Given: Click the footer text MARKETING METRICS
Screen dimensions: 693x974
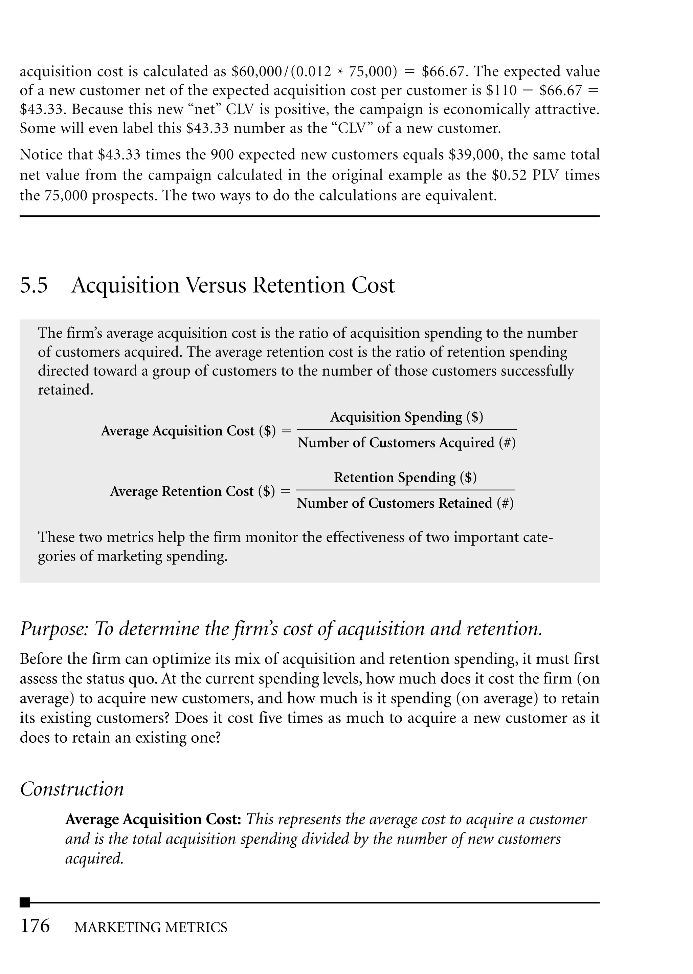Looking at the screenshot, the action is pyautogui.click(x=151, y=928).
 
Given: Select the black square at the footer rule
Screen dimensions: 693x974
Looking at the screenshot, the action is pyautogui.click(x=25, y=903).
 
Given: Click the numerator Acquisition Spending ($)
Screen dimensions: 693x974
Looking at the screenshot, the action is pyautogui.click(x=406, y=417).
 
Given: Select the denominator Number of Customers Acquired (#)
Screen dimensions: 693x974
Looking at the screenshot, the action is pyautogui.click(x=406, y=443).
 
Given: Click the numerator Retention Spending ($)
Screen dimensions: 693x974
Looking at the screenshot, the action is pyautogui.click(x=405, y=478).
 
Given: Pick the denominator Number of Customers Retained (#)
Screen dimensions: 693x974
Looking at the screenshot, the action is pyautogui.click(x=405, y=504).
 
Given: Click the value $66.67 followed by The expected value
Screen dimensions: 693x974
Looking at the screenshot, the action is pyautogui.click(x=445, y=71).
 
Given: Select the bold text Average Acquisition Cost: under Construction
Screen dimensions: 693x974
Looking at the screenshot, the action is pyautogui.click(x=154, y=820).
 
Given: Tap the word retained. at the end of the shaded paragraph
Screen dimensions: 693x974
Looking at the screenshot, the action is pyautogui.click(x=65, y=390).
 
